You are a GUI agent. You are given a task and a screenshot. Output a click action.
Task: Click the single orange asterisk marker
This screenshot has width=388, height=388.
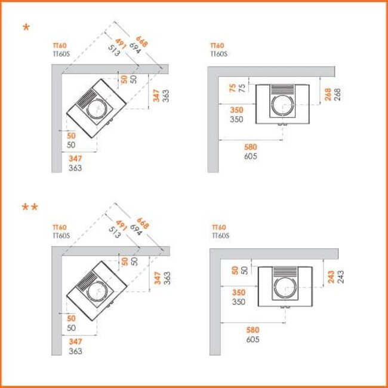[x=26, y=27]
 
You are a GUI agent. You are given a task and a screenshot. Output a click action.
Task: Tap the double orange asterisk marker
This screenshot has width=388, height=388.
[x=30, y=207]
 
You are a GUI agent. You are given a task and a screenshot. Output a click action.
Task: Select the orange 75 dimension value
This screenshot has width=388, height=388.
[x=233, y=88]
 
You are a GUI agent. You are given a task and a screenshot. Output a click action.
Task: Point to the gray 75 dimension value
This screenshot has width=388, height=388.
[x=242, y=88]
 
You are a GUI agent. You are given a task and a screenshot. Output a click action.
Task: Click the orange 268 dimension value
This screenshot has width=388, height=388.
[x=328, y=94]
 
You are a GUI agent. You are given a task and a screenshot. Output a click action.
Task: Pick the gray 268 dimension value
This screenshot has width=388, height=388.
[x=337, y=94]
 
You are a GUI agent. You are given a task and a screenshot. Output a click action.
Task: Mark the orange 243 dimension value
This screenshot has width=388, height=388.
[x=331, y=276]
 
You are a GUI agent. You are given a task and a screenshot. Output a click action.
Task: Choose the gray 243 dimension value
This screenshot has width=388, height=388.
[x=340, y=276]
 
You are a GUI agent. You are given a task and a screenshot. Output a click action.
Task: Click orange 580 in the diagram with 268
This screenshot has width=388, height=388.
[x=251, y=147]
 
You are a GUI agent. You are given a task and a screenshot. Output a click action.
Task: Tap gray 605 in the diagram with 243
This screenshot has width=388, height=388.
[x=252, y=339]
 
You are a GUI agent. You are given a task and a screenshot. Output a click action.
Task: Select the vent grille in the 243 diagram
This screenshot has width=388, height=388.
[x=285, y=272]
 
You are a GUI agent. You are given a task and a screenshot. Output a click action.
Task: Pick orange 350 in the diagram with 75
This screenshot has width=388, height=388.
[x=237, y=110]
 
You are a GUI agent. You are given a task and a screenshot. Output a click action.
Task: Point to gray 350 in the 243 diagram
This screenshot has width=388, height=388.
[x=239, y=301]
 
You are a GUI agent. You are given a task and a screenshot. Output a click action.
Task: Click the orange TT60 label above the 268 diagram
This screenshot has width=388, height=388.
[x=217, y=45]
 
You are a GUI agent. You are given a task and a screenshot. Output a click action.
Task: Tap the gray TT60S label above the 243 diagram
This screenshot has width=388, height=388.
[x=220, y=235]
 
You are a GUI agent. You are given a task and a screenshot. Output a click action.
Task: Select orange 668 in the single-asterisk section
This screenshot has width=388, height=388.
[x=142, y=41]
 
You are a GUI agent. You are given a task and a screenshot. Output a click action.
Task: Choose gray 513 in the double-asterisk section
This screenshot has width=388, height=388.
[x=115, y=232]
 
